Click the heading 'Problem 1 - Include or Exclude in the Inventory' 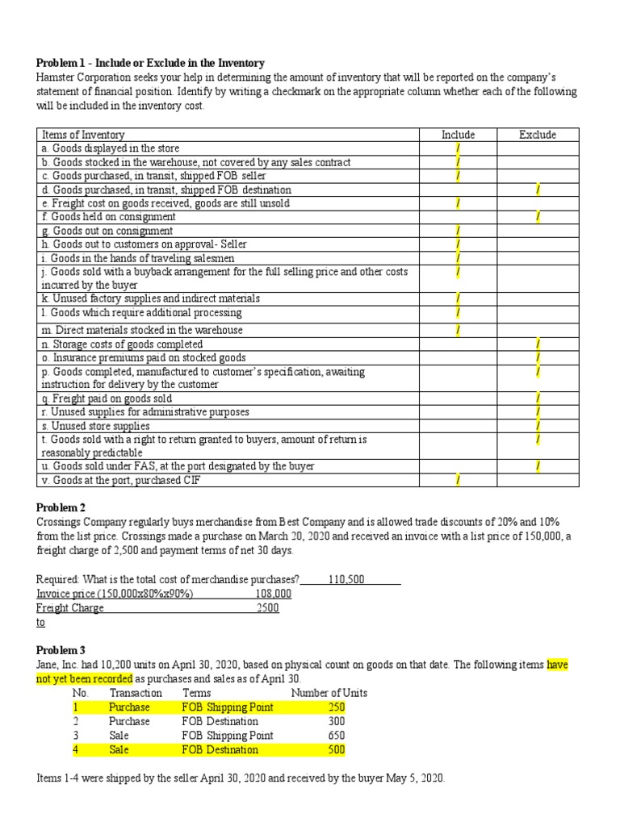click(x=151, y=63)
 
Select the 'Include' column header click(x=458, y=135)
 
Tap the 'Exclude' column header click(x=537, y=135)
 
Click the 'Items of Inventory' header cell click(x=82, y=135)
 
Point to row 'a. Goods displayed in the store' click(x=110, y=148)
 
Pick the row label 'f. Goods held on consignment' click(x=107, y=217)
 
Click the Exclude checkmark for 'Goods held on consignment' click(x=538, y=217)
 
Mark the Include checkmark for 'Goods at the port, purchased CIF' click(x=458, y=480)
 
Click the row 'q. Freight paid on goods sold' click(x=106, y=398)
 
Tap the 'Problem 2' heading click(x=61, y=507)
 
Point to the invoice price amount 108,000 click(x=273, y=594)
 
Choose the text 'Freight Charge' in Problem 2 click(x=70, y=607)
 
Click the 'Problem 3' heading click(x=61, y=650)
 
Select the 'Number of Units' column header click(x=329, y=693)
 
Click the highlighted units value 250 click(x=336, y=707)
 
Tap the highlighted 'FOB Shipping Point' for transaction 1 click(x=228, y=707)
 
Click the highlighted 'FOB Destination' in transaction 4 click(x=220, y=749)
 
